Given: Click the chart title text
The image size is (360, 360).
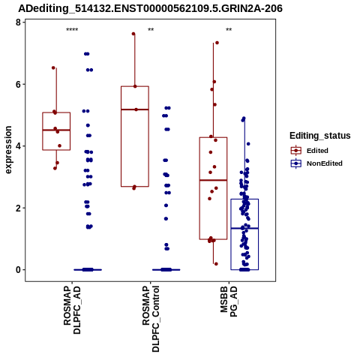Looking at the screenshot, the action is click(x=150, y=9).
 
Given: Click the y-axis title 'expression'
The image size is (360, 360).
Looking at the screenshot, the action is click(x=8, y=150).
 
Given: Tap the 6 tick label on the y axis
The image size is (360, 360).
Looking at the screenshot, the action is click(x=18, y=84).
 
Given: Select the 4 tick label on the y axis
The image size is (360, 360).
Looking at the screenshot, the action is click(x=18, y=146).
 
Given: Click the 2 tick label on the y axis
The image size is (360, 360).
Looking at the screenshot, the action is click(x=18, y=208).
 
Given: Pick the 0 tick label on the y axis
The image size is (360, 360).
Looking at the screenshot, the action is click(x=18, y=270).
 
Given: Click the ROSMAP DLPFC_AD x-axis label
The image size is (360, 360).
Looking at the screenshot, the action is click(x=72, y=310).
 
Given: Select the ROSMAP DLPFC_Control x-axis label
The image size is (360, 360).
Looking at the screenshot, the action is click(x=151, y=319).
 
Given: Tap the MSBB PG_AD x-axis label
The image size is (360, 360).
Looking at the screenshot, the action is click(x=229, y=301).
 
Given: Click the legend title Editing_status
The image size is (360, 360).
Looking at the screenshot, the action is click(x=320, y=136).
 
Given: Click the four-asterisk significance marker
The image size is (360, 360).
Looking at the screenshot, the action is click(x=72, y=30).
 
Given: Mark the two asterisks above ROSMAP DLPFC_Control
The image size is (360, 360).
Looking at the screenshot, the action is click(x=151, y=30).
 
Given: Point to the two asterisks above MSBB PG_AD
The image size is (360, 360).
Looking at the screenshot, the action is click(x=229, y=30).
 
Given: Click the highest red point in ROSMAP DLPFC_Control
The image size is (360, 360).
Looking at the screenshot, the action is click(x=133, y=34).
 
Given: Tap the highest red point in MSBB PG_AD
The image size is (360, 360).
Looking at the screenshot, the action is click(x=217, y=43).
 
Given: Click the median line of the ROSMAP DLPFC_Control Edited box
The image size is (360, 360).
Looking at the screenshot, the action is click(x=135, y=109).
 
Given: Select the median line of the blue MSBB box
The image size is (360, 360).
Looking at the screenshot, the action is click(x=244, y=228).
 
